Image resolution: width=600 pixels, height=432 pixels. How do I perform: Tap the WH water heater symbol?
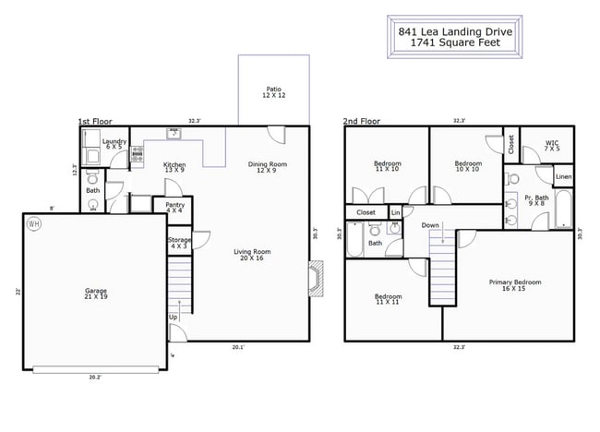(x=34, y=224)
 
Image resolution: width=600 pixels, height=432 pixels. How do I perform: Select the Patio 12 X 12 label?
(x=273, y=93)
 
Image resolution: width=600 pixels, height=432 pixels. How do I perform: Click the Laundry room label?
(x=114, y=144)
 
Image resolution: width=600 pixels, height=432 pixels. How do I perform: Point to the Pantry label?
(x=174, y=209)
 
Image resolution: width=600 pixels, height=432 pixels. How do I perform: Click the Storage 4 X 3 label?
(x=180, y=243)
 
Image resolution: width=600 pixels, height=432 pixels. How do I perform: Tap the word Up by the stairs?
(x=174, y=317)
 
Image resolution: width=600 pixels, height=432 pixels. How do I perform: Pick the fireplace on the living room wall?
(x=316, y=280)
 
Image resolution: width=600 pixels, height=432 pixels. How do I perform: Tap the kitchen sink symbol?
(x=173, y=134)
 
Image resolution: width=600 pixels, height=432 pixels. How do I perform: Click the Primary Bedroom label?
(x=514, y=285)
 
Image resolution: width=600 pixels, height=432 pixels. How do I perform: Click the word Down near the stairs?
(x=430, y=225)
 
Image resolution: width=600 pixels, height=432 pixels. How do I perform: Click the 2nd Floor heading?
(x=362, y=121)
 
